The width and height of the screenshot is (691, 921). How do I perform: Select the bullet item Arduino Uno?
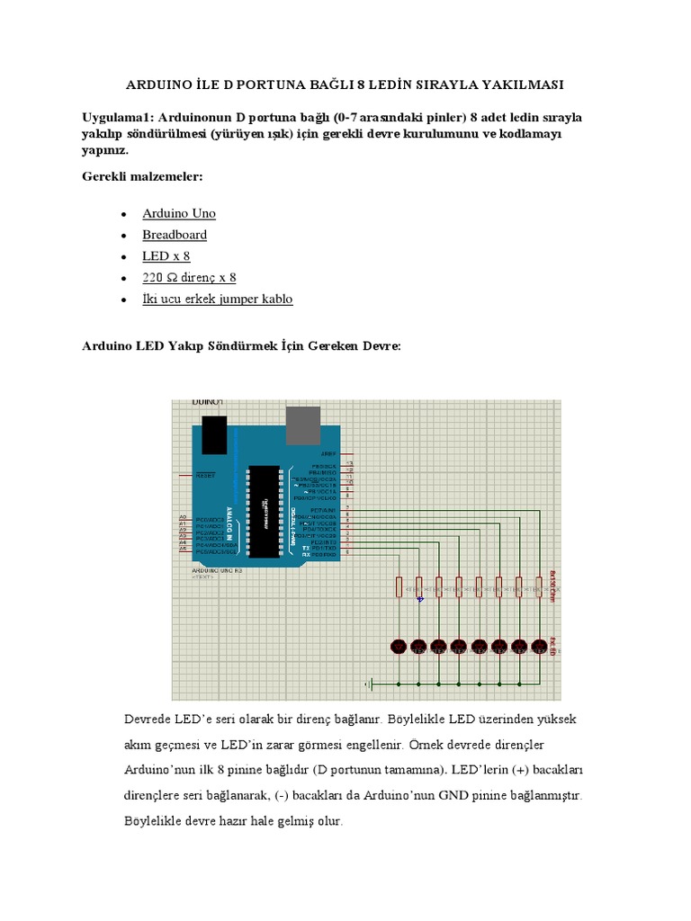pos(179,213)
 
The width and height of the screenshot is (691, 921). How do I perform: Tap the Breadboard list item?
pos(175,235)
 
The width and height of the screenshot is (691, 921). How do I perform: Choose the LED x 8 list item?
pos(166,256)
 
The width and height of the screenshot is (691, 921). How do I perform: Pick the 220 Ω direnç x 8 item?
pos(189,278)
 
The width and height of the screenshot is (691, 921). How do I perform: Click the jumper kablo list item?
pos(217,299)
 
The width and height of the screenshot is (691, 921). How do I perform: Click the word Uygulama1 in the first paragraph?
pos(117,119)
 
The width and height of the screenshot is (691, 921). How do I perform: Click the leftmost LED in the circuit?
pos(399,646)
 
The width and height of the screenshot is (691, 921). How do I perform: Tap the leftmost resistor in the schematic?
pos(399,587)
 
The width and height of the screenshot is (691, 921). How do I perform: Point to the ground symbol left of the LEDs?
pos(368,684)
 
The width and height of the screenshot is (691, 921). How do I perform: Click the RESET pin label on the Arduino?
pos(205,475)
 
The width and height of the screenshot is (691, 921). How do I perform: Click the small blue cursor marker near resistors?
pos(419,600)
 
